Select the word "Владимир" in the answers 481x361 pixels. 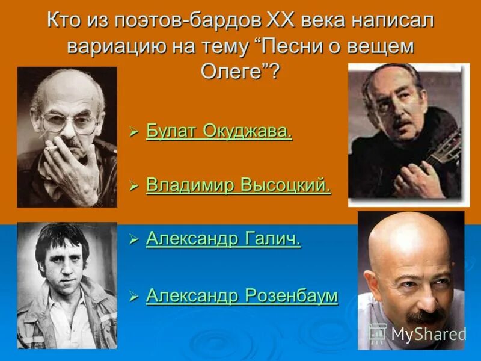click(191, 186)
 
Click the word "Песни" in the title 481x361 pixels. click(305, 47)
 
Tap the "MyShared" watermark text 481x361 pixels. click(428, 334)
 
